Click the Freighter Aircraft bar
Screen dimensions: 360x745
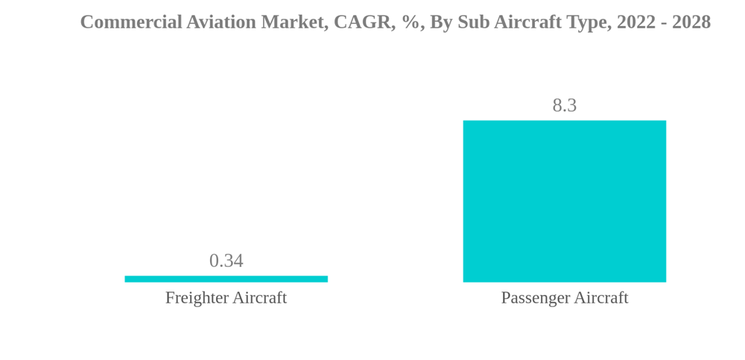tap(226, 279)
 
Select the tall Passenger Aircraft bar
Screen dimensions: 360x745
tap(564, 201)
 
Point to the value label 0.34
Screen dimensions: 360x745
tap(226, 261)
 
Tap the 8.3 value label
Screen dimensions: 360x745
tap(564, 106)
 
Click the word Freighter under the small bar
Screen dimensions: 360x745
tap(196, 298)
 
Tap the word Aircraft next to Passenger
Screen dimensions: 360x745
tap(600, 298)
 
